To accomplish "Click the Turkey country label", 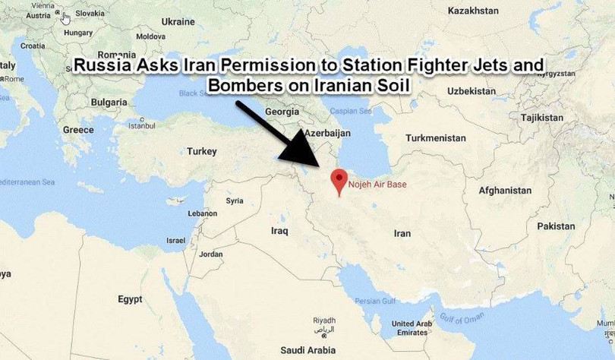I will [x=203, y=152].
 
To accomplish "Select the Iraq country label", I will [x=281, y=229].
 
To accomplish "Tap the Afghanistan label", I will [x=506, y=190].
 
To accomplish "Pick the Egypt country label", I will [x=130, y=299].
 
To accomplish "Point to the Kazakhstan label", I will [x=473, y=11].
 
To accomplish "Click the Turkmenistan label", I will [x=436, y=138].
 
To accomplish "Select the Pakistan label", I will [x=556, y=226].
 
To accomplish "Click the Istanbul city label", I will [x=141, y=126].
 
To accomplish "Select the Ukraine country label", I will [x=179, y=21].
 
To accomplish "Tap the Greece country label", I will [x=79, y=130].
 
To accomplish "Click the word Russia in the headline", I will [x=104, y=65].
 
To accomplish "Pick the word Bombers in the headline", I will [x=246, y=84].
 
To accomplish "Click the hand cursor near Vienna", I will [x=67, y=18].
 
